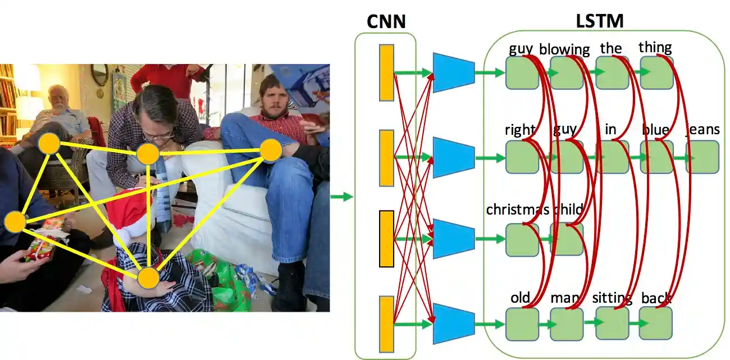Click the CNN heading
pos(386,21)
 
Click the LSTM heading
pos(600,21)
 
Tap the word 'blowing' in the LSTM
pos(564,49)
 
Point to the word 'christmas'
pos(517,209)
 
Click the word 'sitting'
pos(612,298)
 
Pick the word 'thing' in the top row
pos(655,47)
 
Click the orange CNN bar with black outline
pos(386,239)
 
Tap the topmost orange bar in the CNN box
pos(386,73)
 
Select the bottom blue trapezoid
pos(454,323)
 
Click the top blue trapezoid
pos(454,73)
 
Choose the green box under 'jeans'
pos(702,157)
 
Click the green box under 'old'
pos(522,323)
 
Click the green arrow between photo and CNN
pos(341,197)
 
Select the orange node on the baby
pos(149,277)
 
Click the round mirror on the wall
pos(100,74)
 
